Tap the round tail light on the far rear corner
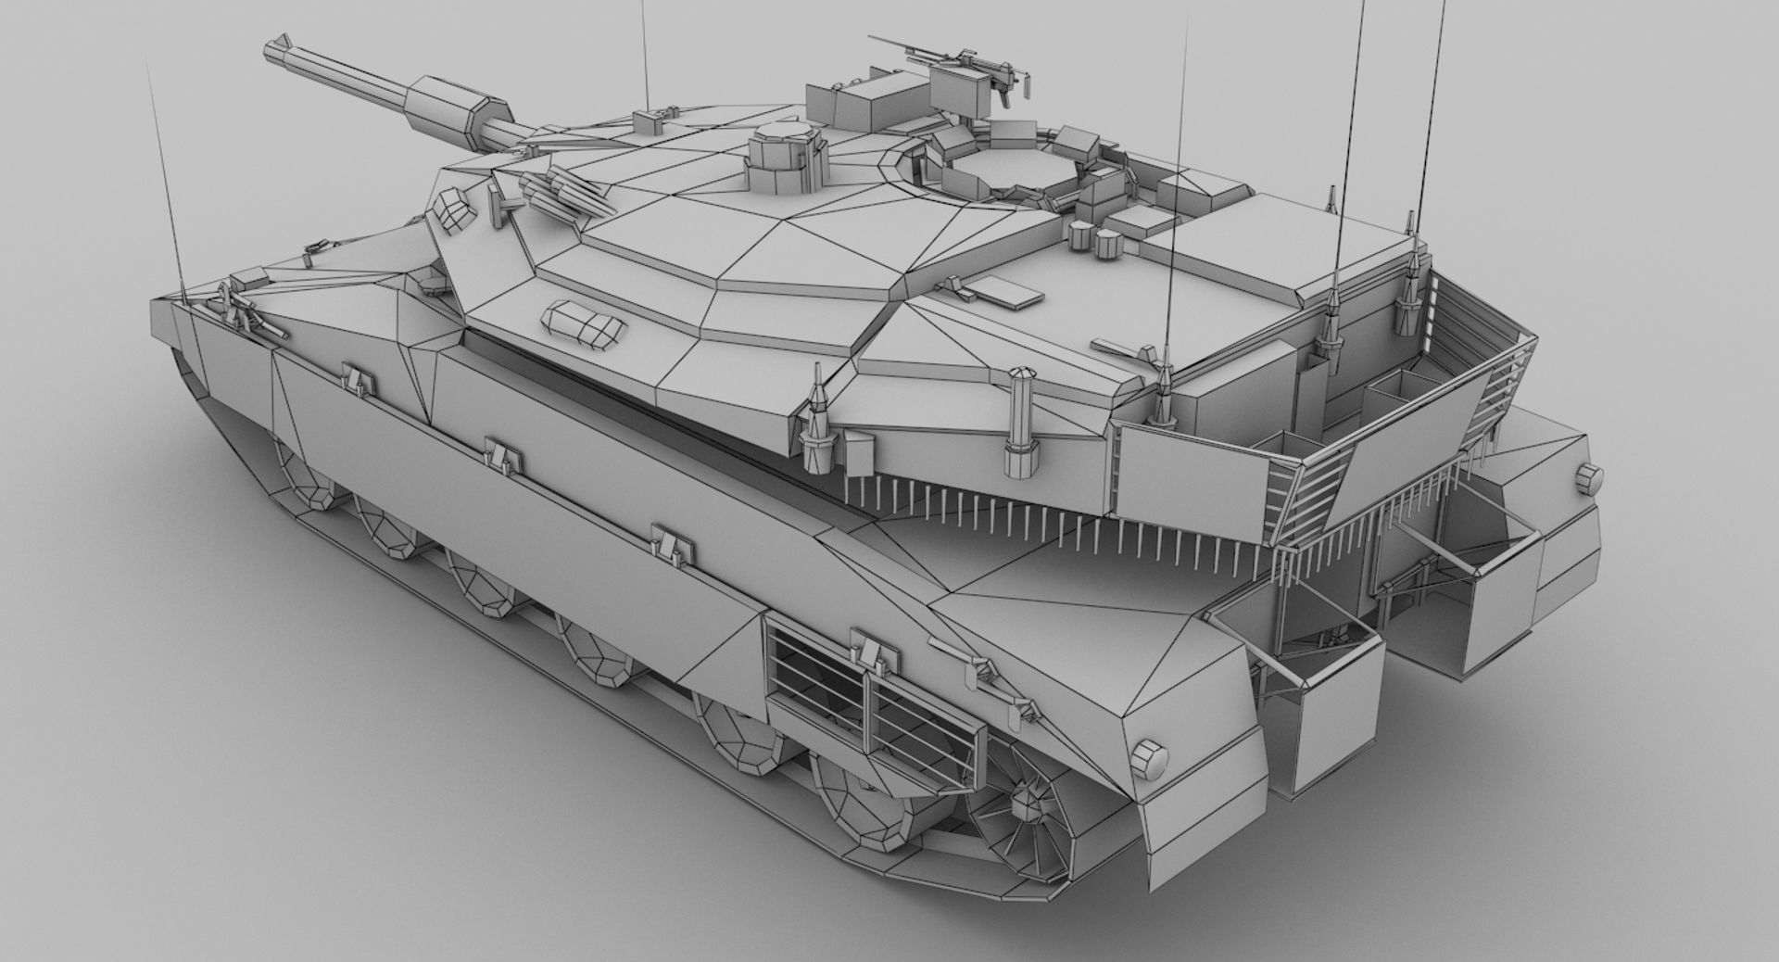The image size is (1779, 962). point(1588,476)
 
